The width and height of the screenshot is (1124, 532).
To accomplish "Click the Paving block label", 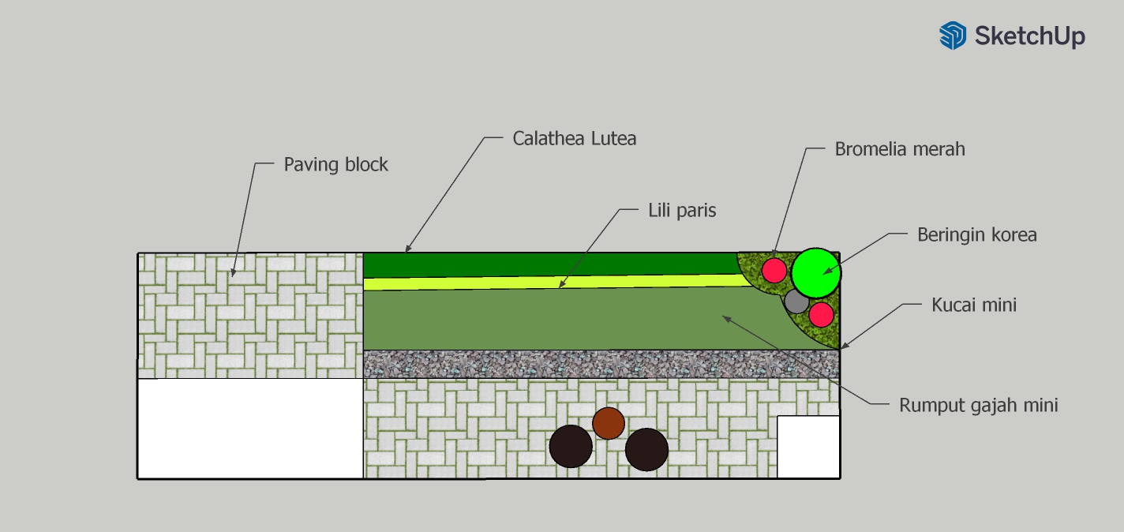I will pyautogui.click(x=335, y=165).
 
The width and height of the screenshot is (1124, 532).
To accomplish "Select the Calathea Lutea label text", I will pyautogui.click(x=574, y=138).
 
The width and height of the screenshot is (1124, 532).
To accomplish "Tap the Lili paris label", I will pyautogui.click(x=682, y=211).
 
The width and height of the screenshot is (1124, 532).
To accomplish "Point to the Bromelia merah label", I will pyautogui.click(x=900, y=148).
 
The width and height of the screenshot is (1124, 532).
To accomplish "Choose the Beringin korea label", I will pyautogui.click(x=976, y=234).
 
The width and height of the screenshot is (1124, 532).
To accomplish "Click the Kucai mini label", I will pyautogui.click(x=974, y=305).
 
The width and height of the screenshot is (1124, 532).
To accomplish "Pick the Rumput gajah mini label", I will pyautogui.click(x=978, y=405).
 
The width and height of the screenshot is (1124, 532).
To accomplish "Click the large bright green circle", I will pyautogui.click(x=816, y=273).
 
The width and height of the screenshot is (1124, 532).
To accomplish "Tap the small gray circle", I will pyautogui.click(x=796, y=301).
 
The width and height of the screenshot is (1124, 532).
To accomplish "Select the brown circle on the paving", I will pyautogui.click(x=609, y=423).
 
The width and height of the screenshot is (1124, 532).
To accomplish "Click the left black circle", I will pyautogui.click(x=571, y=446).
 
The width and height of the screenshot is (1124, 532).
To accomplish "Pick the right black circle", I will pyautogui.click(x=646, y=449).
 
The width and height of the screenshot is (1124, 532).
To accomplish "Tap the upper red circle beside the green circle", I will pyautogui.click(x=774, y=270).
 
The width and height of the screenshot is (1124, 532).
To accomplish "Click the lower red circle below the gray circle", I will pyautogui.click(x=821, y=314).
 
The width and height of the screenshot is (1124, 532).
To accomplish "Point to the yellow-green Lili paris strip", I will pyautogui.click(x=553, y=283).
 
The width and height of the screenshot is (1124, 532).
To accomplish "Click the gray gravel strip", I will pyautogui.click(x=600, y=364).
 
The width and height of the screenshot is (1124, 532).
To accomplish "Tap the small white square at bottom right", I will pyautogui.click(x=808, y=447).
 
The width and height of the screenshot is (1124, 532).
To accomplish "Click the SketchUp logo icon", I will pyautogui.click(x=952, y=36).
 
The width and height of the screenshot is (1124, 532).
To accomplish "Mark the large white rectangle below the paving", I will pyautogui.click(x=250, y=428).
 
